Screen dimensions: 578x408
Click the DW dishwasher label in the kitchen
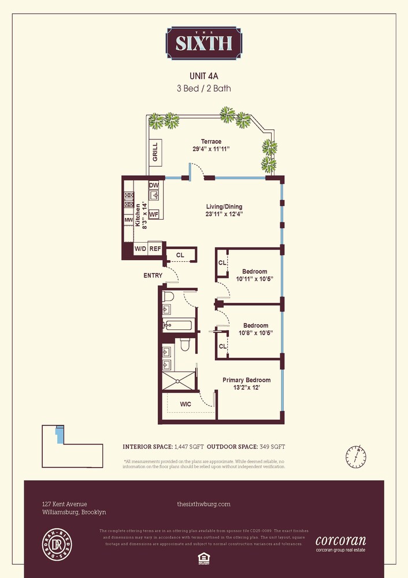(154, 185)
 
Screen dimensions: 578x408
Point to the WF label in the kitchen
(154, 214)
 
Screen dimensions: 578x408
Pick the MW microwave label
(128, 220)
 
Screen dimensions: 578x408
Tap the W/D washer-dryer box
(140, 249)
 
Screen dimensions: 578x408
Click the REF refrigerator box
(155, 249)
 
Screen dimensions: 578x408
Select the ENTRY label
(153, 276)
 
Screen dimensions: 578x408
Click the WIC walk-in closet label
(185, 405)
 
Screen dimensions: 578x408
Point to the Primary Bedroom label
(247, 380)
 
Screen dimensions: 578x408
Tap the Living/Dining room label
(224, 206)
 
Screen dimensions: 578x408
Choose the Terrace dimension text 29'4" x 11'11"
(211, 149)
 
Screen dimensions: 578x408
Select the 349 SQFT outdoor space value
(270, 447)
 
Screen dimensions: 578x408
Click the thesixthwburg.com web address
(203, 504)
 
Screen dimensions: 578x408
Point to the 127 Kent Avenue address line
(65, 504)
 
